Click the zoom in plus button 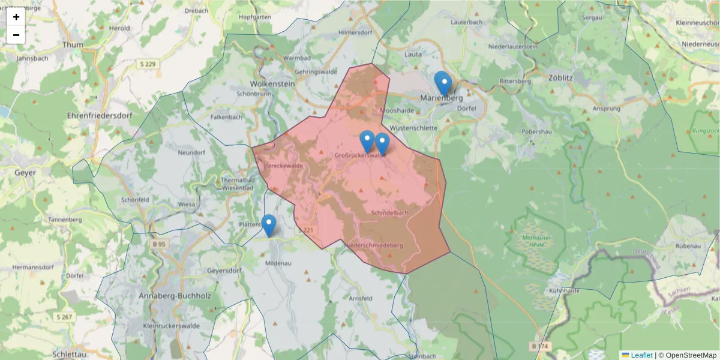pos(16,17)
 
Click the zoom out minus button pos(16,35)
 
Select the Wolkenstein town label pos(272,84)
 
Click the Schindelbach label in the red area pos(390,213)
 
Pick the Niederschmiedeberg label pos(373,245)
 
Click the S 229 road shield pos(147,64)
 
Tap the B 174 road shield pos(540,346)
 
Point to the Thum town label pos(73,44)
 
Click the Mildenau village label pos(278,263)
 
